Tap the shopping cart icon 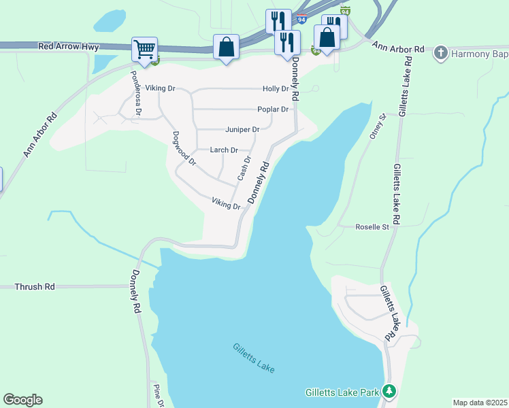click(x=144, y=49)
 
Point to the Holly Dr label click(x=276, y=89)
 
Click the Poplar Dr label click(x=273, y=109)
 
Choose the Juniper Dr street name click(x=242, y=130)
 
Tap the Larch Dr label click(x=223, y=150)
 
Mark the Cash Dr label click(x=244, y=168)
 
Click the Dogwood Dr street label click(x=184, y=149)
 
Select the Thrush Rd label click(x=34, y=287)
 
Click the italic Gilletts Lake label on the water click(x=254, y=356)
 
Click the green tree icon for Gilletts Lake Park click(x=389, y=391)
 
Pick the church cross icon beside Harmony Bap click(x=441, y=53)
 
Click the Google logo click(x=22, y=400)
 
